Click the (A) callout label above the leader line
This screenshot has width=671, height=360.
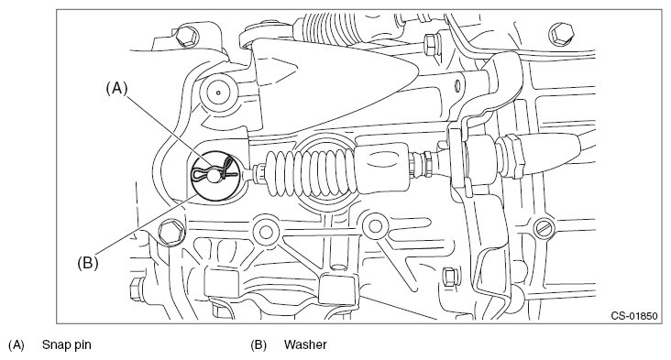[x=116, y=88]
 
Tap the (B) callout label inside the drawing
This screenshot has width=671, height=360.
[x=88, y=262]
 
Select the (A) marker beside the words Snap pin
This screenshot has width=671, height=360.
[x=16, y=344]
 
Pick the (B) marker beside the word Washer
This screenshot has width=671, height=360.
[x=258, y=344]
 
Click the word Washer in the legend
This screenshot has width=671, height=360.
[x=305, y=344]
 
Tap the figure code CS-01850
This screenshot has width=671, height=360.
[x=633, y=316]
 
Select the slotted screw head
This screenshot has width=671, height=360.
[x=544, y=227]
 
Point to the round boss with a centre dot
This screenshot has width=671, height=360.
[x=218, y=92]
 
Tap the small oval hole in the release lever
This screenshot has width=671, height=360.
[x=457, y=87]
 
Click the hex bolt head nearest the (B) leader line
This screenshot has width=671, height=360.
[x=170, y=233]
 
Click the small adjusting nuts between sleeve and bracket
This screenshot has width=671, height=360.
[x=423, y=165]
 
